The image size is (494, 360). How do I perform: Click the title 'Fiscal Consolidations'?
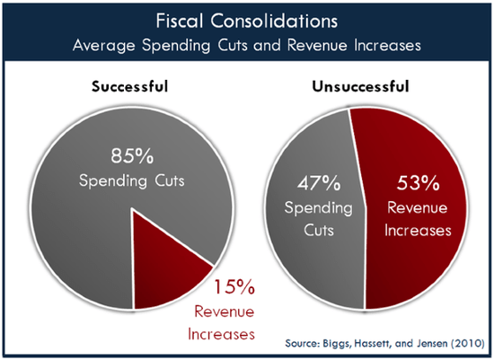pyautogui.click(x=246, y=19)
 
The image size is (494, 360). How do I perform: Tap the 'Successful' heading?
pyautogui.click(x=131, y=90)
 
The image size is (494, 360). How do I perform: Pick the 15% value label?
pyautogui.click(x=235, y=288)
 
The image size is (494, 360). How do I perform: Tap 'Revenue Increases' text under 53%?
pyautogui.click(x=419, y=219)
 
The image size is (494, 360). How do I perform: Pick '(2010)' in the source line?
pyautogui.click(x=465, y=344)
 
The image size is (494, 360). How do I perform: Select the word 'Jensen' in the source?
pyautogui.click(x=426, y=344)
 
